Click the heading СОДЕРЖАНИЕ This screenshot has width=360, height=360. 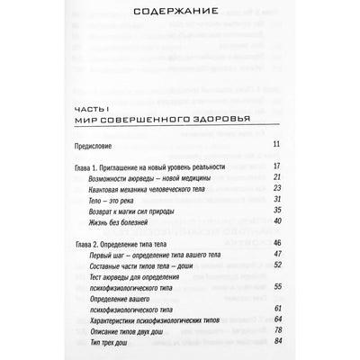[179, 17]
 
